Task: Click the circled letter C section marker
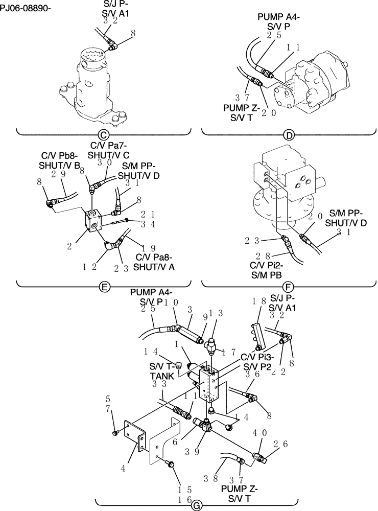coord(103,135)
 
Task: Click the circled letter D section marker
coord(289,135)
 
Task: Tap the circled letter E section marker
coord(103,287)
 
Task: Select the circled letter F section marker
coord(289,287)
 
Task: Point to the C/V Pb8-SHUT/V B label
coord(60,160)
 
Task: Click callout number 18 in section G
coord(258,302)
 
